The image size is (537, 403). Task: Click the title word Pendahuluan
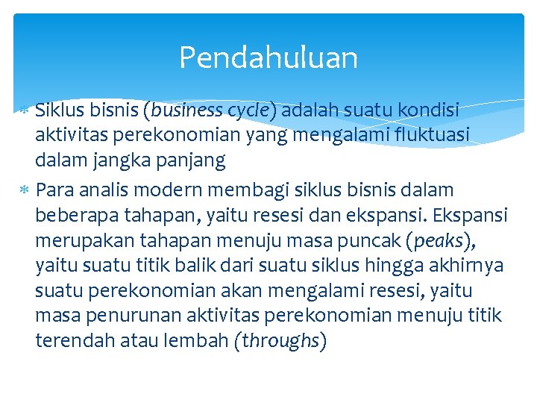tap(268, 57)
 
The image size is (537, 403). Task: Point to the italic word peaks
tap(438, 240)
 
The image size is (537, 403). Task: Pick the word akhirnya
tap(468, 266)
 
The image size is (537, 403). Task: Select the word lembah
tap(199, 341)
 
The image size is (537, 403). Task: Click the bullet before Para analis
tap(25, 190)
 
